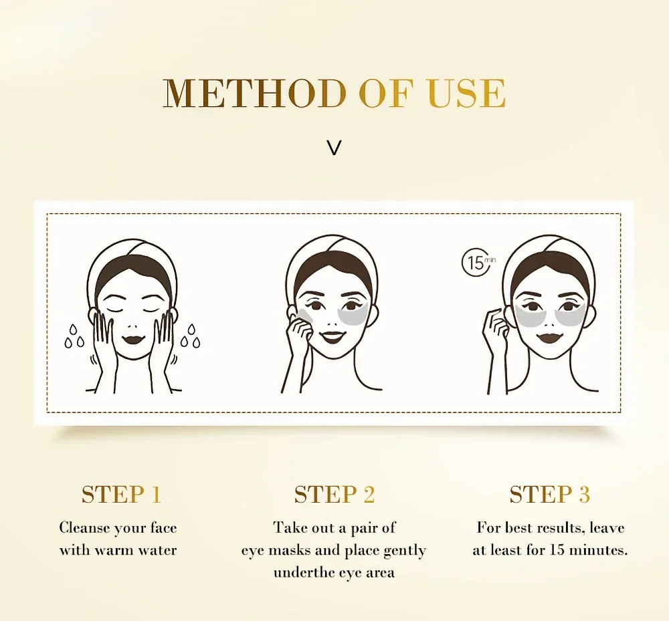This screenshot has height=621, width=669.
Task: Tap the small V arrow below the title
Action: coord(334,148)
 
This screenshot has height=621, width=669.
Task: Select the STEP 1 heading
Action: coord(121,495)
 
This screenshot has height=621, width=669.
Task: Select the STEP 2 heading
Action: coord(334,495)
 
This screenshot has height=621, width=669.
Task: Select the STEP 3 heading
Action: coord(549,495)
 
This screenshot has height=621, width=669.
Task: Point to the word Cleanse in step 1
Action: coord(84,528)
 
